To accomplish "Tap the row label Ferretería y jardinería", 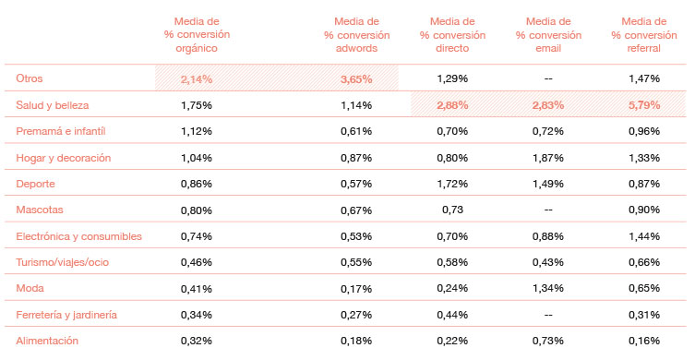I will coord(66,315).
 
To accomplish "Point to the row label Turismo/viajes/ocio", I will coord(62,262).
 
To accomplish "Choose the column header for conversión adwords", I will coord(356,36).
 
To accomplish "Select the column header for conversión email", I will coord(547,36).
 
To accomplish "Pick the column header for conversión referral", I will coord(643,36).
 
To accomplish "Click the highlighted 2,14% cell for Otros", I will coord(198,79).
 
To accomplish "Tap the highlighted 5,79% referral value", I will coord(643,105).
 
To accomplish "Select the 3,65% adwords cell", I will coord(356,79).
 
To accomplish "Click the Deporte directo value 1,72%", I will coord(451,184).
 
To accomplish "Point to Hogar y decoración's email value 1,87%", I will coord(547,158).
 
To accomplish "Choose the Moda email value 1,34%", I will coord(547,288).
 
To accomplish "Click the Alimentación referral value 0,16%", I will coord(643,341).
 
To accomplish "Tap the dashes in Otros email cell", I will coord(547,79).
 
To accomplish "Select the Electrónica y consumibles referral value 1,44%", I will coord(643,236).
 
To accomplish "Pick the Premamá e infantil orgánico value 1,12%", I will coord(198,131).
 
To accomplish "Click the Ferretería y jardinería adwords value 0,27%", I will coord(356,315).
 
